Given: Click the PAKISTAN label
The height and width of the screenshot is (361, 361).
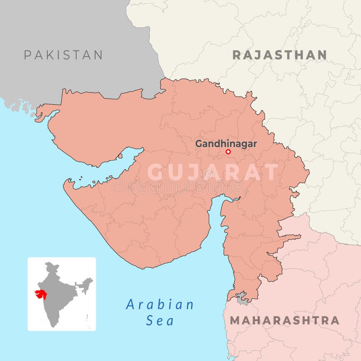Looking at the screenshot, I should coord(63,55).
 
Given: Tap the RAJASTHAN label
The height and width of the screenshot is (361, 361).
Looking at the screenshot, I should coord(279,55).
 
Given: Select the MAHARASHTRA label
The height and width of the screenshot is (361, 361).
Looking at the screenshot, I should coord(284,320).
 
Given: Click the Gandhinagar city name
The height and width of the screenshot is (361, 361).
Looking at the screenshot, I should coord(226,144).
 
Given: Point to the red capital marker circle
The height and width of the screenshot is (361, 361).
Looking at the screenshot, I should coord(228,152).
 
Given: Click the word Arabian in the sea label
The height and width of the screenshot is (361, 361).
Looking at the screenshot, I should coord(160,305).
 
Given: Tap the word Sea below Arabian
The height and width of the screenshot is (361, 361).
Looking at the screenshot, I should coord(160,321).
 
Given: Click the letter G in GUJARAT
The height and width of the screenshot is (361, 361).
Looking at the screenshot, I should coord(157,172).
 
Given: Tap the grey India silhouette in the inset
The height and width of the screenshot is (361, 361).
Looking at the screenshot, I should coord(56,302).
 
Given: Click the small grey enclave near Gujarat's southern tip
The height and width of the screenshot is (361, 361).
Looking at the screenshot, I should coord(242,298).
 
